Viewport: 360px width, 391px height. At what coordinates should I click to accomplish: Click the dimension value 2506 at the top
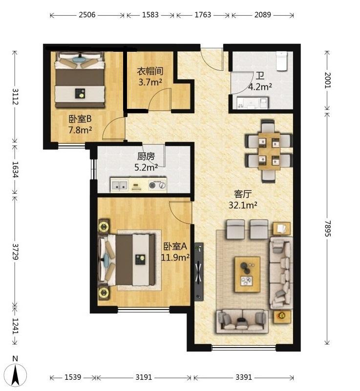[x=87, y=15]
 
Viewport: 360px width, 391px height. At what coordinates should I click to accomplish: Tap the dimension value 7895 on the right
[x=327, y=228]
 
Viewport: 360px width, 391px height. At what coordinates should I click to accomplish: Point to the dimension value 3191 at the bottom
[x=144, y=377]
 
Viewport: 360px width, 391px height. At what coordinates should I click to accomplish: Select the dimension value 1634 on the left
[x=16, y=169]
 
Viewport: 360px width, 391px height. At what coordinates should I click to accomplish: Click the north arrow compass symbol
[x=16, y=374]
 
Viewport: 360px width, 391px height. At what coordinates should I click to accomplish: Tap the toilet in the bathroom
[x=282, y=61]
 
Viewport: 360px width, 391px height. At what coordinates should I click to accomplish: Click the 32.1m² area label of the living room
[x=243, y=205]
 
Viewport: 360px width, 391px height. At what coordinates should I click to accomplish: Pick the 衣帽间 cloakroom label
[x=150, y=71]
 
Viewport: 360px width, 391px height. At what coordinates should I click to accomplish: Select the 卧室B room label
[x=80, y=119]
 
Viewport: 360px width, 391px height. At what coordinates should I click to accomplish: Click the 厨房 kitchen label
[x=146, y=156]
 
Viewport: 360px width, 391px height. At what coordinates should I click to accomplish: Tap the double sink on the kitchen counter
[x=119, y=185]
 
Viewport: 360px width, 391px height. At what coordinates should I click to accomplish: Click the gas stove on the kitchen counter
[x=157, y=185]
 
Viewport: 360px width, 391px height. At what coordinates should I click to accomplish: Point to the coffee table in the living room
[x=248, y=274]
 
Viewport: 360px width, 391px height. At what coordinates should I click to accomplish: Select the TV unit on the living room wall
[x=199, y=272]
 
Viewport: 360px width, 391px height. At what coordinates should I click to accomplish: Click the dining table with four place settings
[x=269, y=151]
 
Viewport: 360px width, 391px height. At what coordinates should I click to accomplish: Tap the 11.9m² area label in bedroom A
[x=175, y=257]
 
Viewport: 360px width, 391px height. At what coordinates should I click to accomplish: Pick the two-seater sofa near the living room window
[x=242, y=321]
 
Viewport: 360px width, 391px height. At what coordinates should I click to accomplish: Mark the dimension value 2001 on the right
[x=327, y=80]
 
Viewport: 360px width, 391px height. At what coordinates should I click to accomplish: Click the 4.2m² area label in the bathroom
[x=260, y=87]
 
